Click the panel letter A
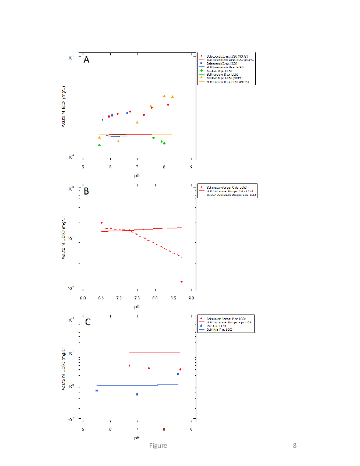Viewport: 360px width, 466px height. pyautogui.click(x=86, y=60)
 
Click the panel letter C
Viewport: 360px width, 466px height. pyautogui.click(x=87, y=322)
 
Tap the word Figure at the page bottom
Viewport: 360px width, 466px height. pyautogui.click(x=157, y=446)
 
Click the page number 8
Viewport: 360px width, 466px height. pyautogui.click(x=295, y=446)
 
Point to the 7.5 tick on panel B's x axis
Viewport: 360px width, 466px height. pyautogui.click(x=137, y=298)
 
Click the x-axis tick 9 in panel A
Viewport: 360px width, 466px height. pyautogui.click(x=191, y=167)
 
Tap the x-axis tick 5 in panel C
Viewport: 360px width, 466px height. pyautogui.click(x=83, y=429)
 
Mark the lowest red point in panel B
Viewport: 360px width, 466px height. pyautogui.click(x=182, y=281)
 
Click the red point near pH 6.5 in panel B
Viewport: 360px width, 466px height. pyautogui.click(x=101, y=223)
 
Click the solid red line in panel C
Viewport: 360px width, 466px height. pyautogui.click(x=154, y=352)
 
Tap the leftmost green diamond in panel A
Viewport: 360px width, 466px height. pyautogui.click(x=100, y=145)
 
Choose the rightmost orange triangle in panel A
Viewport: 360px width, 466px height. pyautogui.click(x=172, y=97)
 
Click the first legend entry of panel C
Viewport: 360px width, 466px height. pyautogui.click(x=224, y=319)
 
